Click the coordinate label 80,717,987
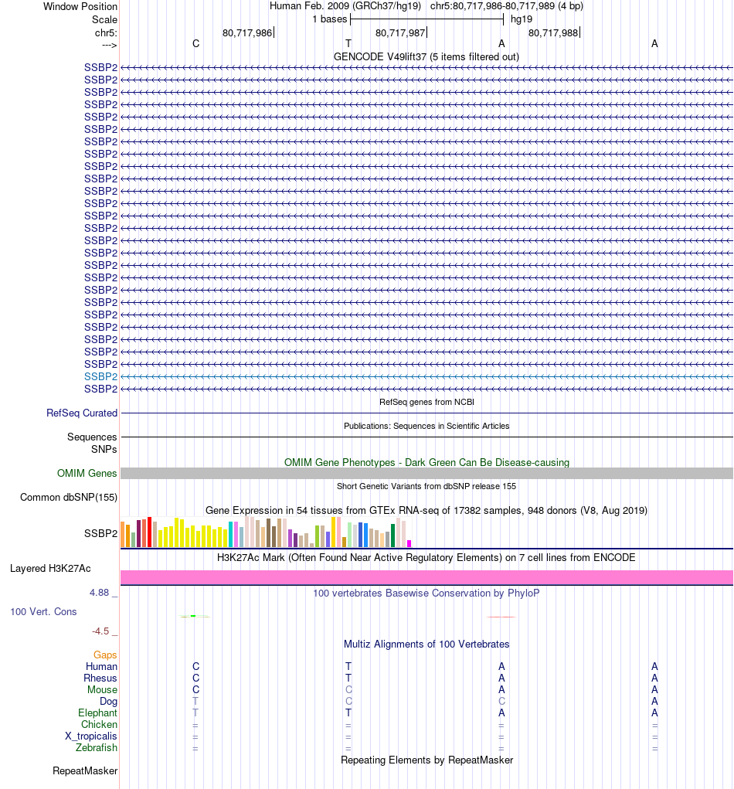(x=400, y=32)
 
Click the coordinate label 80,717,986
(x=247, y=32)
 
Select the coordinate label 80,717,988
(x=553, y=32)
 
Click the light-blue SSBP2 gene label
(x=100, y=376)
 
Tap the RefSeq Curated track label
(x=82, y=413)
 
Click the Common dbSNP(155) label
(x=69, y=498)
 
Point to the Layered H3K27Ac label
(x=50, y=569)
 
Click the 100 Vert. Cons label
(x=43, y=612)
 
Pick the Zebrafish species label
(x=97, y=748)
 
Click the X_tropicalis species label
(x=91, y=736)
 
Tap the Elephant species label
(x=97, y=713)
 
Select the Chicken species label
(x=99, y=725)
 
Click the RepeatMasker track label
(x=85, y=771)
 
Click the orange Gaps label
(x=105, y=655)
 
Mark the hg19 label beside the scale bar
(x=522, y=19)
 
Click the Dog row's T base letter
(x=195, y=702)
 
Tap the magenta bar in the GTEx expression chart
(x=409, y=543)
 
